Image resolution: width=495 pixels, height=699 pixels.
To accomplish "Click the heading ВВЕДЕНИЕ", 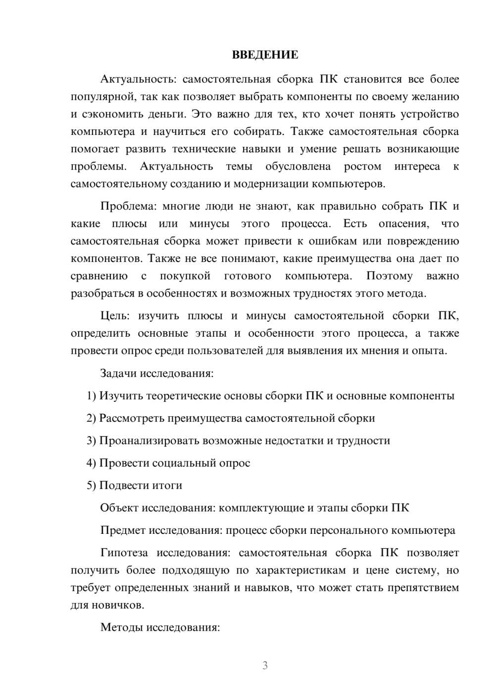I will point(265,55).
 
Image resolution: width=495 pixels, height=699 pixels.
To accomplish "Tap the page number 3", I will point(265,665).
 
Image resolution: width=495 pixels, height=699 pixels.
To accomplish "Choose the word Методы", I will point(120,627).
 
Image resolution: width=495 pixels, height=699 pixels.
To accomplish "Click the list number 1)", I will point(92,395).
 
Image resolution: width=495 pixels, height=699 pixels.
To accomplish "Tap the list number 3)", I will point(92,440).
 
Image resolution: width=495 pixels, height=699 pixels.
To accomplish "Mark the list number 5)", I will point(92,485).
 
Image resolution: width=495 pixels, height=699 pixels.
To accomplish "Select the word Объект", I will point(119,508).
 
